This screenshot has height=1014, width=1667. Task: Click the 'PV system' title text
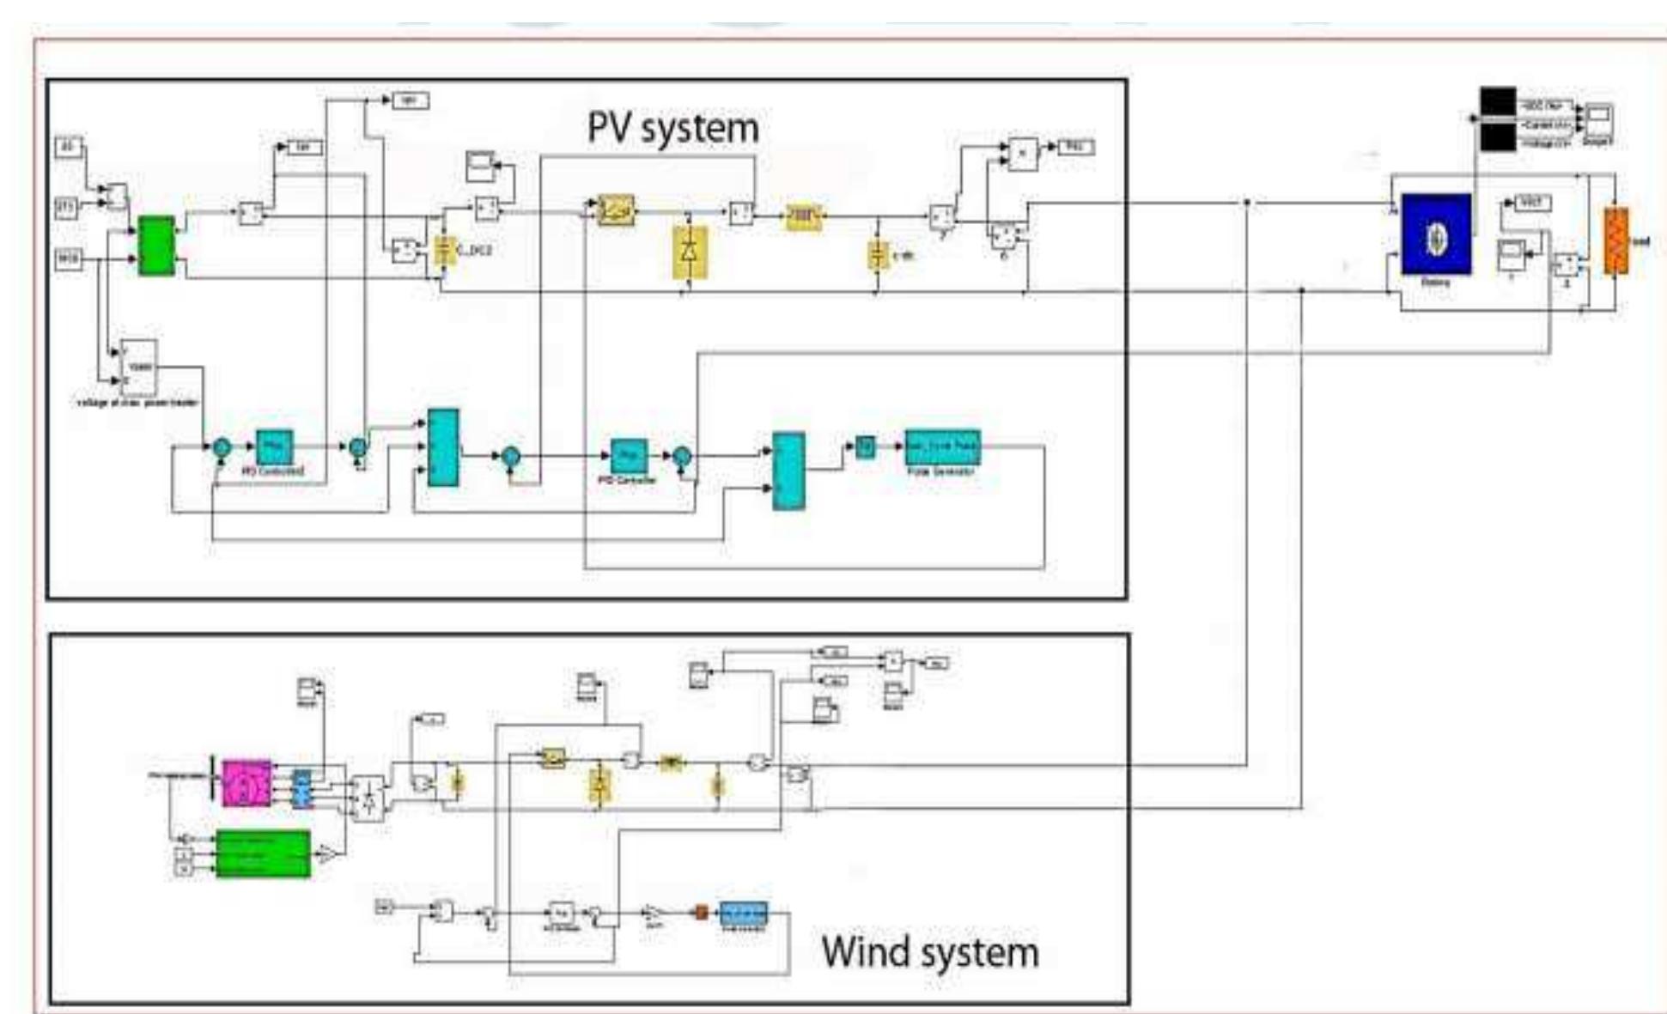pos(672,129)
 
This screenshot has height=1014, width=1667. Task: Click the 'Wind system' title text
pos(929,952)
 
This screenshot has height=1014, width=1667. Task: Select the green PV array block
pos(156,246)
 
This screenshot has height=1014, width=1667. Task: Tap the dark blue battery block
pos(1436,234)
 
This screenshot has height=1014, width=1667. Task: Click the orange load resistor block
pos(1615,241)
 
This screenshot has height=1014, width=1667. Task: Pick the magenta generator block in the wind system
pos(246,783)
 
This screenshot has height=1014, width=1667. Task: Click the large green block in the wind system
pos(262,853)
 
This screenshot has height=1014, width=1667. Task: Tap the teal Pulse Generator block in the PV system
pos(942,446)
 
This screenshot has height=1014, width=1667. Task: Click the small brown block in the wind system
pos(700,913)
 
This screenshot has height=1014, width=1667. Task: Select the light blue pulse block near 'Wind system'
pos(743,913)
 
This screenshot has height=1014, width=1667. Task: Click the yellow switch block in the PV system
pos(616,209)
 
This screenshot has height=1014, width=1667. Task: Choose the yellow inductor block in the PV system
pos(803,217)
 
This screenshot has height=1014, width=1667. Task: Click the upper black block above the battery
pos(1498,101)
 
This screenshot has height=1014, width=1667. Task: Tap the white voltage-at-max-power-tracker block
pos(138,368)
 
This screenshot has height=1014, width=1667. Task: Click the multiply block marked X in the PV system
pos(1022,154)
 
